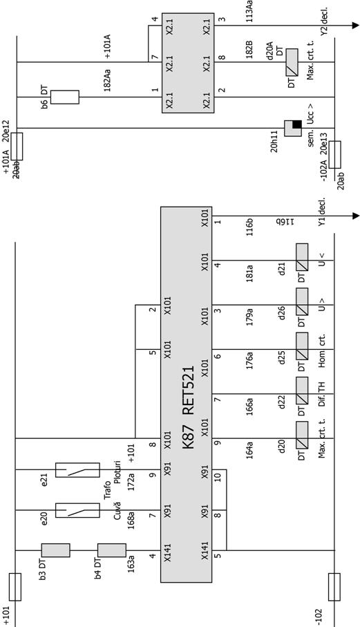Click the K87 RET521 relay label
click(x=189, y=406)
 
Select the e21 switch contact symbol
click(x=77, y=470)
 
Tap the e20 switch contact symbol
click(x=77, y=510)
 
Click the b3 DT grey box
click(x=55, y=550)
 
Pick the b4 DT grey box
click(x=112, y=550)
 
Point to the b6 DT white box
click(x=65, y=97)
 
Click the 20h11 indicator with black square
click(x=293, y=128)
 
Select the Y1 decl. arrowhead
click(x=356, y=216)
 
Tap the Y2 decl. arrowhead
click(x=356, y=26)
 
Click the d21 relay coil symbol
click(x=302, y=256)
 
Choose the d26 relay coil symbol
click(x=302, y=301)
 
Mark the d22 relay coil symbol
click(x=302, y=389)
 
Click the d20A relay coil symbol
click(x=292, y=62)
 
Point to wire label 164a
click(x=249, y=450)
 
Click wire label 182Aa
click(x=107, y=80)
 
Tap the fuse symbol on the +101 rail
click(x=15, y=587)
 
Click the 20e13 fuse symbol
click(x=335, y=154)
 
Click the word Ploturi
click(x=117, y=472)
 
